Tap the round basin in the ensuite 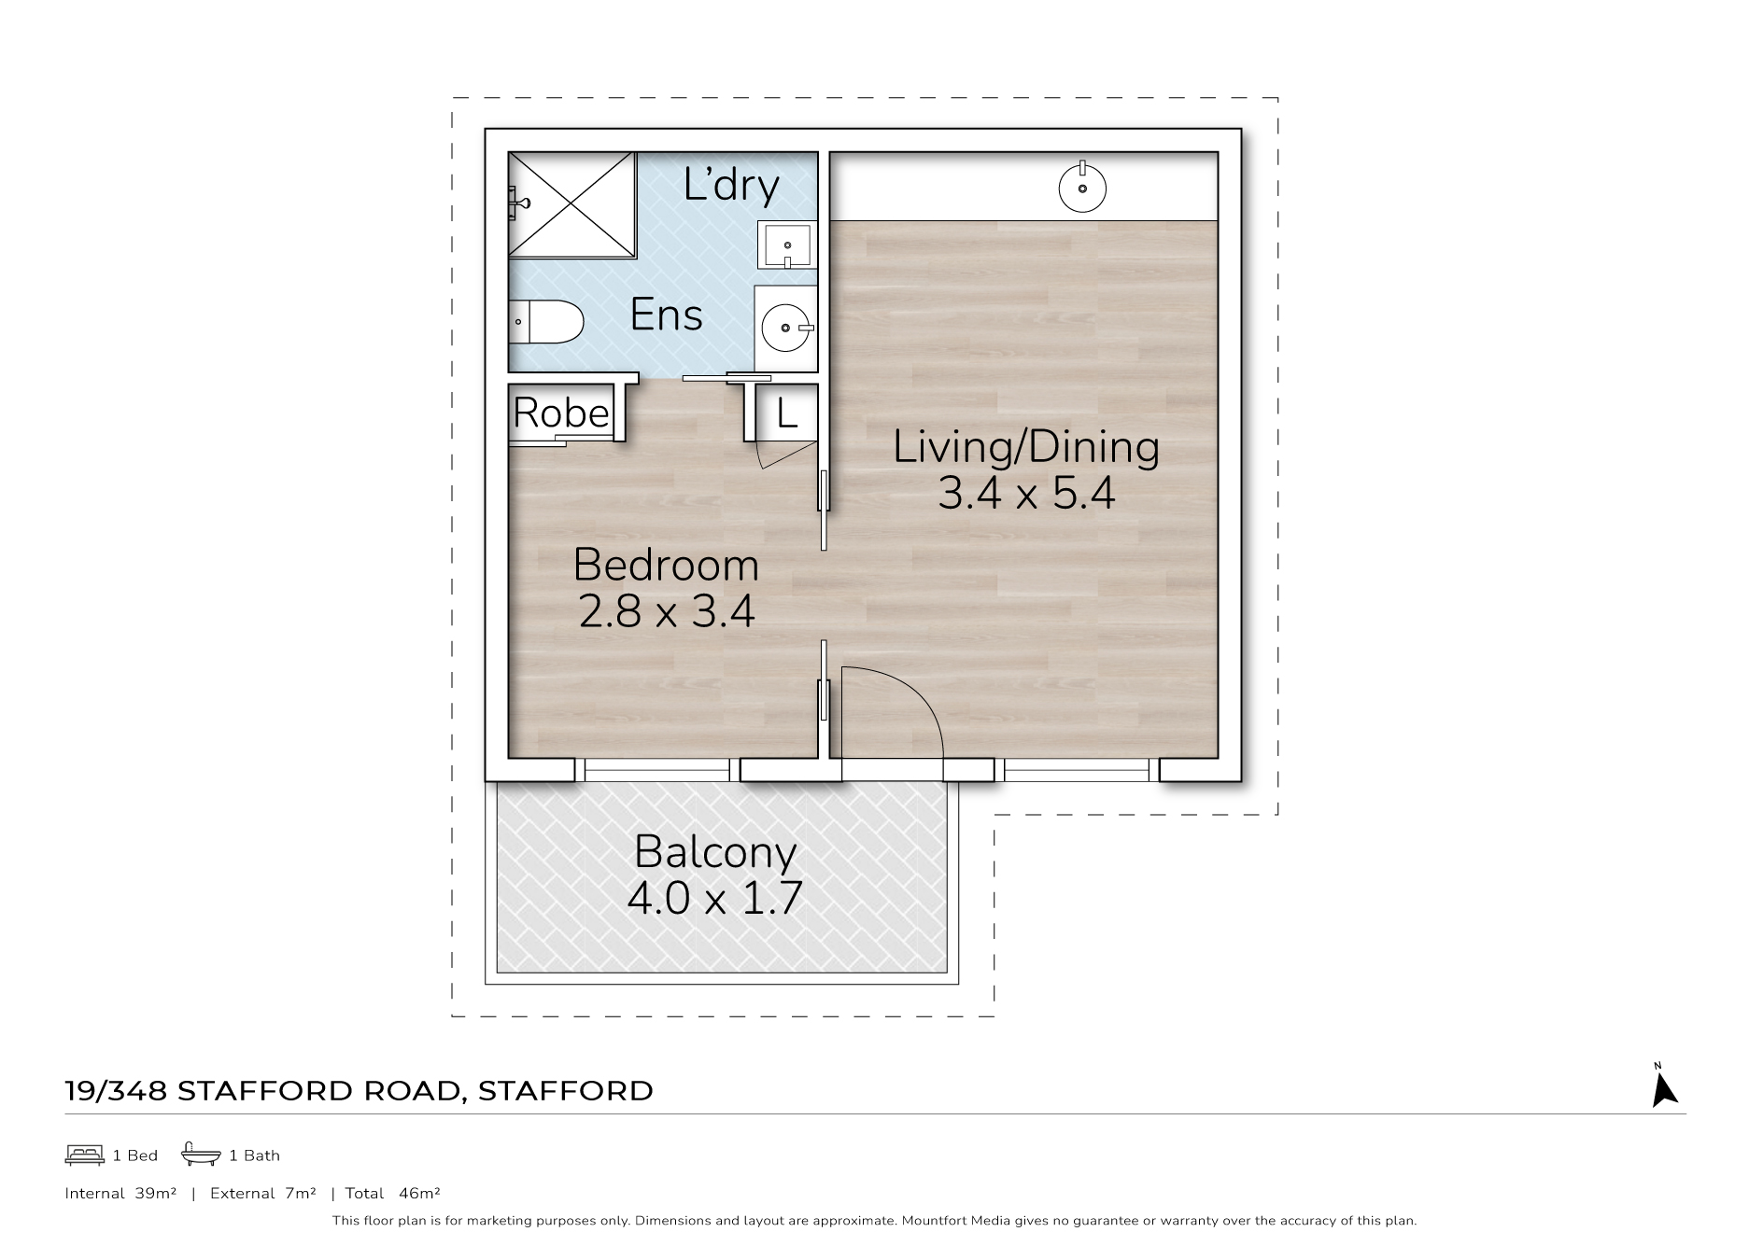[787, 328]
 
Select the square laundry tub [787, 245]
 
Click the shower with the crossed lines [572, 204]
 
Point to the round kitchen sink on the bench [1082, 189]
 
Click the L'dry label [731, 185]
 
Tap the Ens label [666, 315]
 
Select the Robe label [561, 413]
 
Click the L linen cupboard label [787, 413]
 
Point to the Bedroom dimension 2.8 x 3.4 [667, 612]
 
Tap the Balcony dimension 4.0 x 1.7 [714, 899]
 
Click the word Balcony [715, 853]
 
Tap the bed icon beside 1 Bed [84, 1155]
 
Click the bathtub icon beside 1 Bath [201, 1154]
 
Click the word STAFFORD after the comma [565, 1090]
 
